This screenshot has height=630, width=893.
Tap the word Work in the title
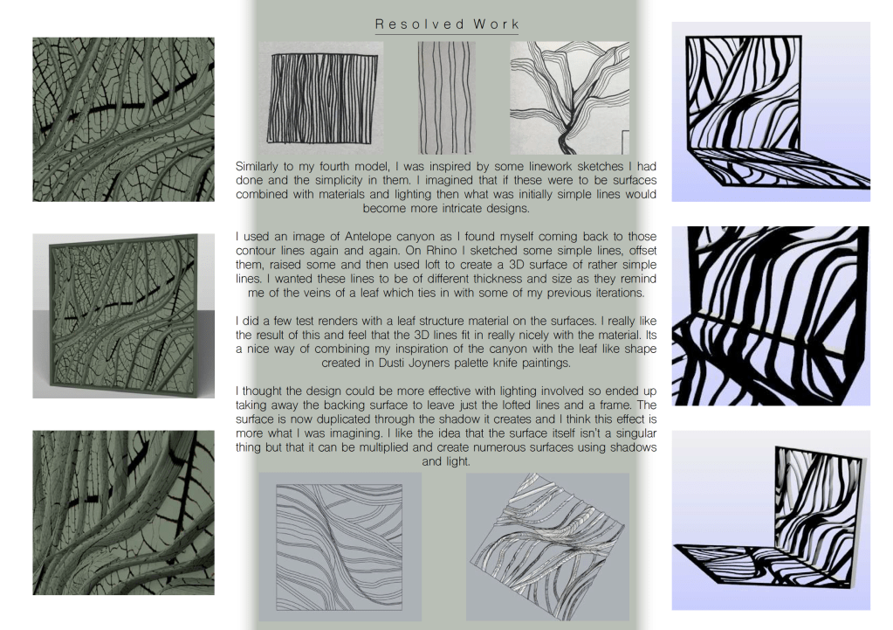[496, 24]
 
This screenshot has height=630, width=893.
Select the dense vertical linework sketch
[322, 98]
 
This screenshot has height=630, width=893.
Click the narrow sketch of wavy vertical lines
[446, 98]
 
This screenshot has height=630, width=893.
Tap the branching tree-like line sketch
[569, 98]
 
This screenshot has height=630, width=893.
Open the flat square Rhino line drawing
[340, 547]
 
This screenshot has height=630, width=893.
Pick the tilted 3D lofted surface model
[548, 547]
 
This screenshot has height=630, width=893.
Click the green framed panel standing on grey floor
[124, 315]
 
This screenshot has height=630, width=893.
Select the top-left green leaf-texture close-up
[124, 119]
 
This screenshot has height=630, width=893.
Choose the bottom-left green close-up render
[124, 513]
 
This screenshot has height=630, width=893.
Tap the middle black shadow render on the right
[771, 315]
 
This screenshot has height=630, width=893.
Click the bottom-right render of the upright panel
[771, 521]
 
